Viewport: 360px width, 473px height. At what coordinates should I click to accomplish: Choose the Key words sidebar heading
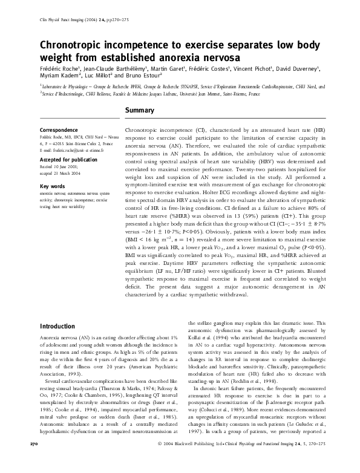click(52, 186)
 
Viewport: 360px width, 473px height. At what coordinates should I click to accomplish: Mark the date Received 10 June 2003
click(60, 168)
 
